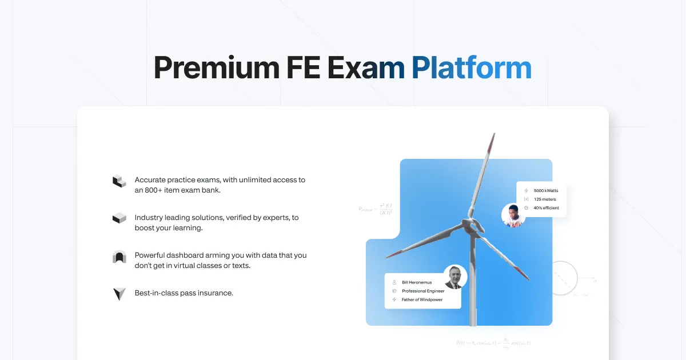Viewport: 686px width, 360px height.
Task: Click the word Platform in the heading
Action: [471, 69]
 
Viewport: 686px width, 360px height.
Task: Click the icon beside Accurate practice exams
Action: [119, 181]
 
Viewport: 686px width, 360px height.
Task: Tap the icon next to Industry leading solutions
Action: [119, 218]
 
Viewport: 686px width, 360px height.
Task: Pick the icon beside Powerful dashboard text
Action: [119, 257]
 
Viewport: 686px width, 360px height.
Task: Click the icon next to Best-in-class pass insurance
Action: [119, 294]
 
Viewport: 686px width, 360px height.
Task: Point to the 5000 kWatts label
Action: [545, 190]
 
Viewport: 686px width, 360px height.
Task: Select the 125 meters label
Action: [545, 199]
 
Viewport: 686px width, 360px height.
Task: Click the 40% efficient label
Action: [546, 207]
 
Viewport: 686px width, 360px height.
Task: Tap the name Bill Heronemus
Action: [417, 282]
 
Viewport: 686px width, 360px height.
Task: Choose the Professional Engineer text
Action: [423, 291]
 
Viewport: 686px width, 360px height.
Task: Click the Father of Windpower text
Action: [422, 299]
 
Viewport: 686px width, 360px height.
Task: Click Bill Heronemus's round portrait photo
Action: [455, 277]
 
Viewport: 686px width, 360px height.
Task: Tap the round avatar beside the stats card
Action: [513, 215]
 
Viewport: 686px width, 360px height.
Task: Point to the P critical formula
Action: [375, 209]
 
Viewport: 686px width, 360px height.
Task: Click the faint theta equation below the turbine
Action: [493, 343]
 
